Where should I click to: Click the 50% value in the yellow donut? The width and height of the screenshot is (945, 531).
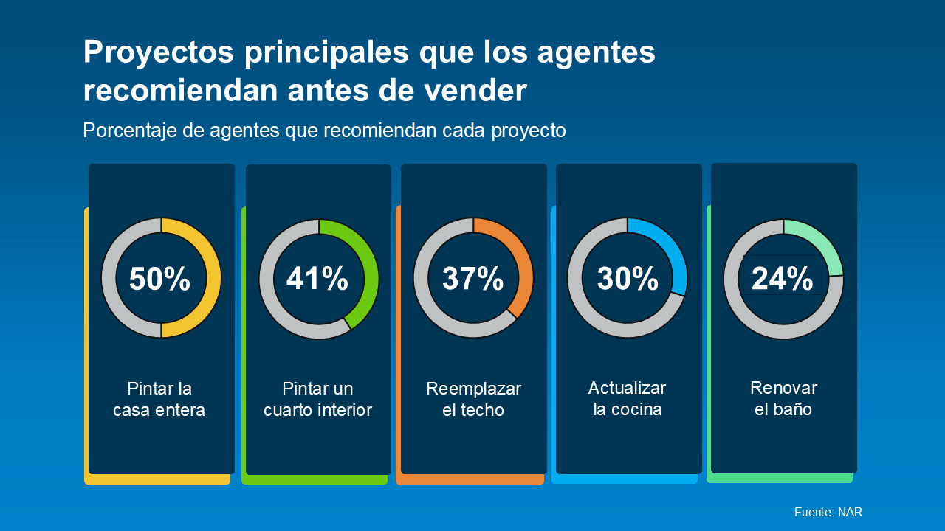coord(159,280)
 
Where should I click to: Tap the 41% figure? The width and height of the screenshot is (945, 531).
coord(317,279)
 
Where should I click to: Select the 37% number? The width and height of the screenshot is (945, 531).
coord(472,279)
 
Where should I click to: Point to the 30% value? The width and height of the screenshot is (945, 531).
coord(628,279)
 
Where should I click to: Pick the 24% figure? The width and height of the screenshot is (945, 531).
coord(782,279)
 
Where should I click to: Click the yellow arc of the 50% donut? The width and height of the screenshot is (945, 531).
coord(213,279)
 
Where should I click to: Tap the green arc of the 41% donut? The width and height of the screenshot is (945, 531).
coord(369,273)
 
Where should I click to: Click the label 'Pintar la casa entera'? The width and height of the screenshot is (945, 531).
coord(159,399)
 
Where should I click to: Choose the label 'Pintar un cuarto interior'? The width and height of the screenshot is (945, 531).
coord(317,399)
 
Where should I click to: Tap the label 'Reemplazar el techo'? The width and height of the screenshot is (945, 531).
coord(473,399)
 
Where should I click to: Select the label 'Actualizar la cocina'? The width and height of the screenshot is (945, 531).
coord(628,398)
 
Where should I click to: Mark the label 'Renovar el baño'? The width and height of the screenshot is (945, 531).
coord(783,398)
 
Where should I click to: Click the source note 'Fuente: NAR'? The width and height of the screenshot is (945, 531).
coord(828,512)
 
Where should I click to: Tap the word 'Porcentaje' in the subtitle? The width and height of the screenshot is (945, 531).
coord(127,131)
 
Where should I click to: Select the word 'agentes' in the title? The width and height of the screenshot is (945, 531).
coord(596,53)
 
